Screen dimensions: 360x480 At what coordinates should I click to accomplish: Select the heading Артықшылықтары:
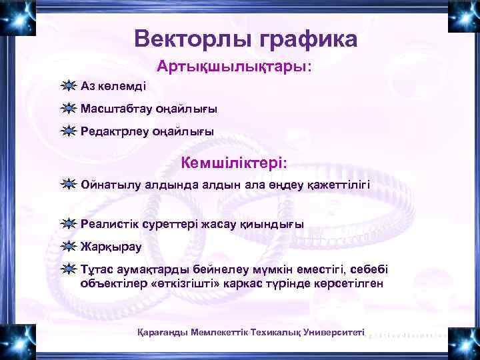[x=234, y=67]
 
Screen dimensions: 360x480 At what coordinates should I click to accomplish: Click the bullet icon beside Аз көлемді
[x=67, y=86]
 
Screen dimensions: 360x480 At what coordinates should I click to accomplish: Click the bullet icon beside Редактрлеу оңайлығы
[x=67, y=131]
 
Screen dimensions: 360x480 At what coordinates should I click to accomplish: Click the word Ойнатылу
[x=109, y=184]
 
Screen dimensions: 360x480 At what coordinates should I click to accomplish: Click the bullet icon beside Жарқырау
[x=67, y=247]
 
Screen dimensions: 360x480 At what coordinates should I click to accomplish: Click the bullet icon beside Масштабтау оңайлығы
[x=67, y=109]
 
